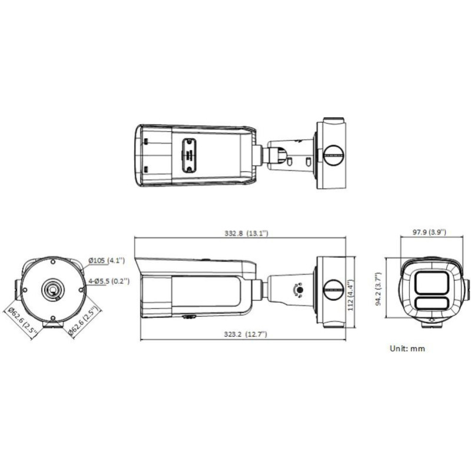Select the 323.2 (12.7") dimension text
coord(241,334)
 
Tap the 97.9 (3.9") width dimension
coord(429,232)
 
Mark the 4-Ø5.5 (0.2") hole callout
coord(109,281)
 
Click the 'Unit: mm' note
coord(407,348)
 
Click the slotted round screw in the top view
coord(332,155)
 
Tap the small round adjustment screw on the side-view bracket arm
coord(298,290)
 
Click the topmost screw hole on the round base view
coord(52,260)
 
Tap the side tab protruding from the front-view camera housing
coord(467,289)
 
